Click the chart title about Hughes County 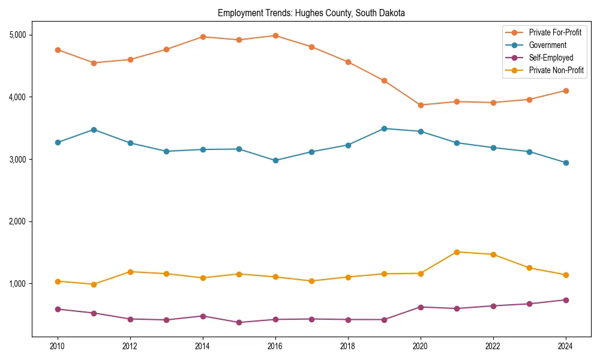(311, 13)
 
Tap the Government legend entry (547, 45)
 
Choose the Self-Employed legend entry (551, 58)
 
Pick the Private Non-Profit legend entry (556, 70)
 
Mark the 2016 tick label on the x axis (275, 346)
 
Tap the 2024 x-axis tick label (565, 346)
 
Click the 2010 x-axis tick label (58, 346)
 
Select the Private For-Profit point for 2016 (275, 35)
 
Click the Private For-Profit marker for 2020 (421, 105)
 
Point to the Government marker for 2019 (384, 128)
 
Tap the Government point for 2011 (94, 130)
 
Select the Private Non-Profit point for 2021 (457, 252)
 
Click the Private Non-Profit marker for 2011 (94, 284)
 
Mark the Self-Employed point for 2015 (239, 322)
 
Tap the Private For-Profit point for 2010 (58, 50)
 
